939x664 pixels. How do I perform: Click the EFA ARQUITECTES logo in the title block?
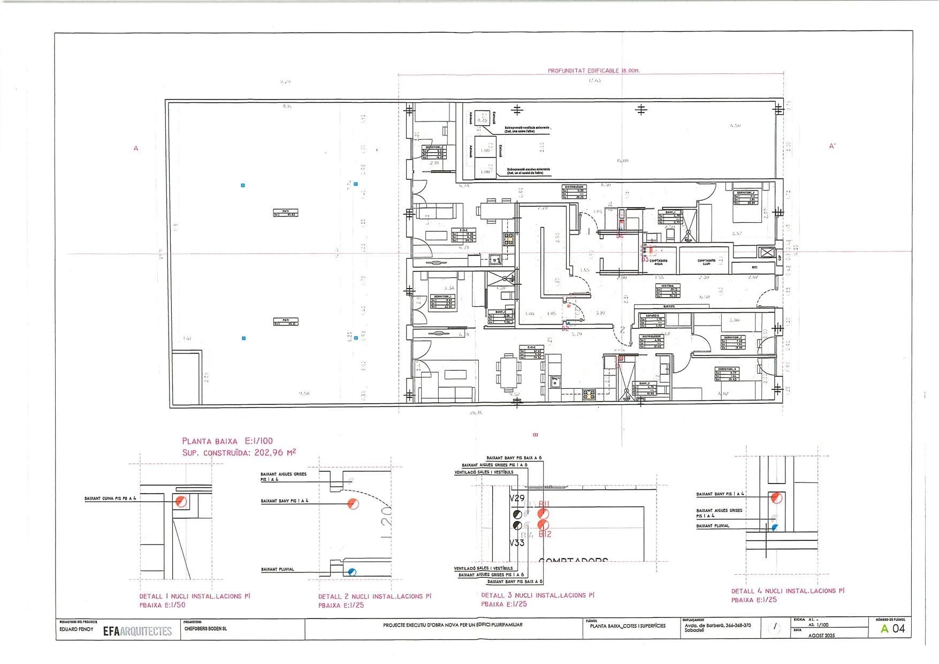coord(138,631)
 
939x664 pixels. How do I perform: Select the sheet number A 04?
coord(893,629)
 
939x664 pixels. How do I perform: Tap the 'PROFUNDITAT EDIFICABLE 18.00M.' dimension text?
coord(593,71)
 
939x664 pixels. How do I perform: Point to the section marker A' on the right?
coord(832,146)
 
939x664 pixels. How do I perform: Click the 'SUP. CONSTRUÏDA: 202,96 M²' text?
coord(239,452)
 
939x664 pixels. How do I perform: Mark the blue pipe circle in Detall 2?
coord(352,572)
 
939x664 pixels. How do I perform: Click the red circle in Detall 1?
coord(181,502)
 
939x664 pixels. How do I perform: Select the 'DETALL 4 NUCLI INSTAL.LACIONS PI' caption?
coord(788,591)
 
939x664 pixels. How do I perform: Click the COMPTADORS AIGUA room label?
coord(659,262)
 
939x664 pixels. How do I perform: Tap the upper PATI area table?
coord(285,213)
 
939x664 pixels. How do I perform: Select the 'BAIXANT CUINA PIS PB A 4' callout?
coord(110,499)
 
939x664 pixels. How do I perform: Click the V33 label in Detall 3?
coord(517,542)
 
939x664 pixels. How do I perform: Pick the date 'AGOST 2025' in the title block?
coord(821,635)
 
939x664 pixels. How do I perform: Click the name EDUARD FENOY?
coord(76,629)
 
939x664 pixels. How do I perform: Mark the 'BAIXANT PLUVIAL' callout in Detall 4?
coord(712,526)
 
